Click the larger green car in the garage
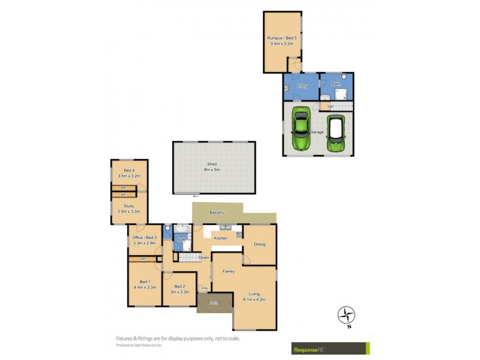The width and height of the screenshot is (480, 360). tap(301, 128)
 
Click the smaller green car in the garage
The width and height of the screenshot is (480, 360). tap(336, 134)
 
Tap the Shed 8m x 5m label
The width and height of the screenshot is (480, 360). tap(212, 167)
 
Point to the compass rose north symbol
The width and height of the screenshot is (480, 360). tap(346, 314)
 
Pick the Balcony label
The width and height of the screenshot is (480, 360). tap(217, 213)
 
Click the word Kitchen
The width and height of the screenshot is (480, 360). tap(221, 239)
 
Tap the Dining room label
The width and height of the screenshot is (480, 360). tap(259, 244)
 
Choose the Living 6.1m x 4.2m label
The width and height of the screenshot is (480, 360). tap(254, 296)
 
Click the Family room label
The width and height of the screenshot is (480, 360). tap(229, 272)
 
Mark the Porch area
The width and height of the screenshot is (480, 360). tap(214, 303)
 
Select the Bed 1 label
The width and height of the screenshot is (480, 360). tap(144, 284)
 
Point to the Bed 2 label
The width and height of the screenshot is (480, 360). tap(180, 289)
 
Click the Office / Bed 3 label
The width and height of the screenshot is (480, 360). tap(145, 241)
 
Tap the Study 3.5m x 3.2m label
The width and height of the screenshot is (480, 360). tap(128, 209)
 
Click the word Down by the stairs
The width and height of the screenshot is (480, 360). tap(205, 257)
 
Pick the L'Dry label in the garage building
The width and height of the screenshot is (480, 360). tap(301, 87)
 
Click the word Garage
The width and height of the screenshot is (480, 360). tap(317, 132)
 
